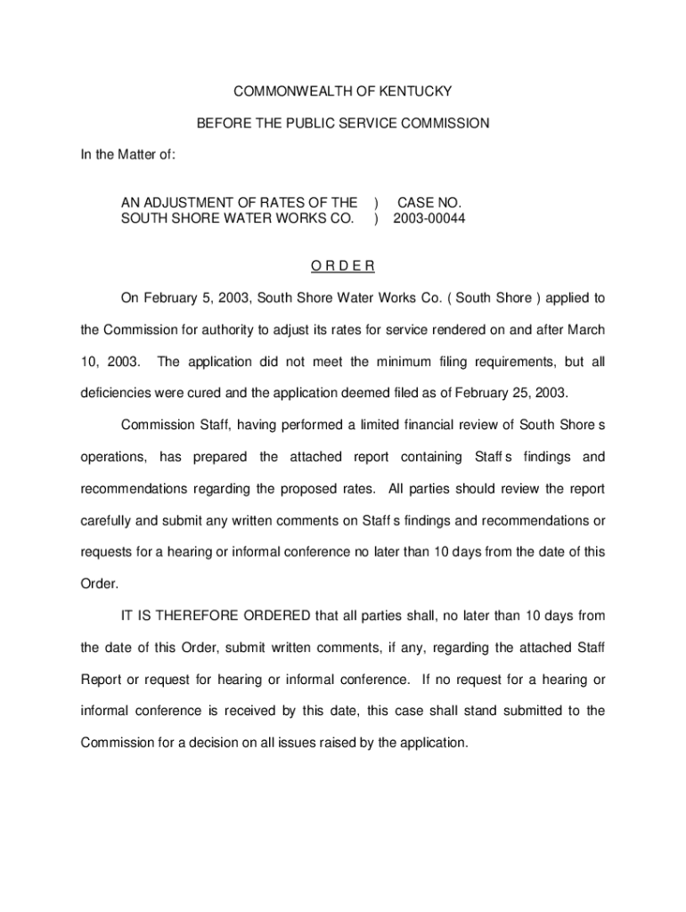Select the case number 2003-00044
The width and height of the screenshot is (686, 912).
[x=429, y=218]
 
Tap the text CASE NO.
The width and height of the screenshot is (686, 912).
[x=429, y=202]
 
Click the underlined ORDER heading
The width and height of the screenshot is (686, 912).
[x=343, y=266]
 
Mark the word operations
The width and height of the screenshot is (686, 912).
[x=113, y=458]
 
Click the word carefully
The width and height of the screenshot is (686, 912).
[x=110, y=521]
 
